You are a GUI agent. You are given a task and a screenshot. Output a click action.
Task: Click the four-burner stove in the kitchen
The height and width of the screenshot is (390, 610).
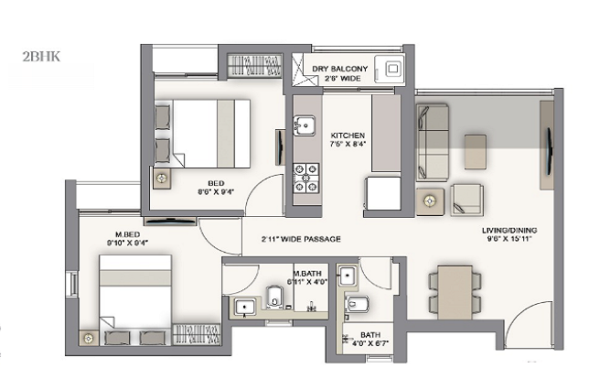305,177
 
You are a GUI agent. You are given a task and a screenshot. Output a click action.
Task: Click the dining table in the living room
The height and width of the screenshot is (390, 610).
455,290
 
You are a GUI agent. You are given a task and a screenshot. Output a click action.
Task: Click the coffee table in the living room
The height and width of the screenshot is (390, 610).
475,150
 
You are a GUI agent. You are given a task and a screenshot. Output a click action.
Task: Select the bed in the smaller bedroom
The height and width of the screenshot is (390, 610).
210,133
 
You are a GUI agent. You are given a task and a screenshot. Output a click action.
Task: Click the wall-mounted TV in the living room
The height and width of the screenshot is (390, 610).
548,146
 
